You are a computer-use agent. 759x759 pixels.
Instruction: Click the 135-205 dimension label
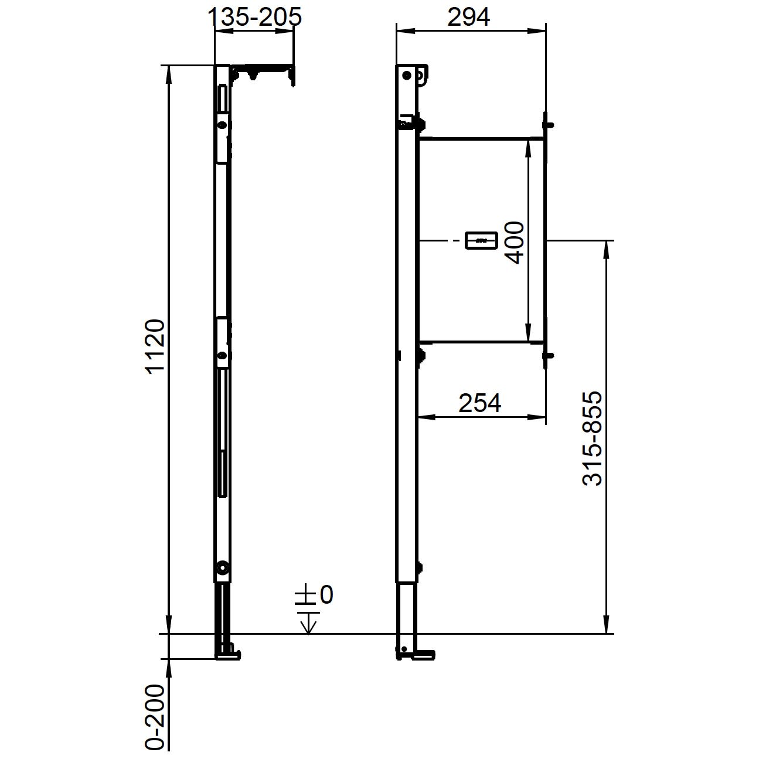point(254,17)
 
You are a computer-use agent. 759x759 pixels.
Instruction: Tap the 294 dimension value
point(468,17)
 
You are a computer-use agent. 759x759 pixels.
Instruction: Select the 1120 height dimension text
point(155,346)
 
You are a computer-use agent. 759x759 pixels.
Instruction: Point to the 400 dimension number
point(515,242)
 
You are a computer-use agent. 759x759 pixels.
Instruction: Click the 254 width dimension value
point(480,403)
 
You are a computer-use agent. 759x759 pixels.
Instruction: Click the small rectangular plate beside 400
point(481,240)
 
